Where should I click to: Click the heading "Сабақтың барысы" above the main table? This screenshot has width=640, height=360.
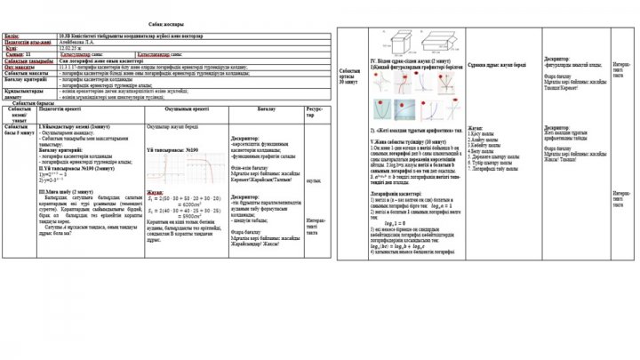pyautogui.click(x=33, y=102)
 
